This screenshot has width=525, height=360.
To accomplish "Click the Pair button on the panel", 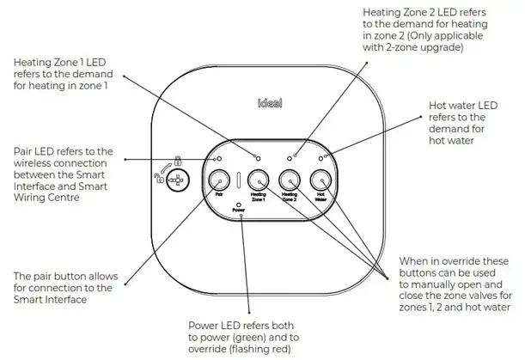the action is point(219,180).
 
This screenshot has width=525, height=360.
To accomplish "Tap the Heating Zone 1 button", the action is point(258,180).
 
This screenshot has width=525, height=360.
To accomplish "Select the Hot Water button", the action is point(320,180).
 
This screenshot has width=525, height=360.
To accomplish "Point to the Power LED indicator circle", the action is point(238,204).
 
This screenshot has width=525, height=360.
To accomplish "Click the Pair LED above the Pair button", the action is point(219,158).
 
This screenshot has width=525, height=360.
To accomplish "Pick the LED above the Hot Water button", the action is point(320,158).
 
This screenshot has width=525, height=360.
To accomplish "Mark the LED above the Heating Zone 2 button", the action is point(290,158).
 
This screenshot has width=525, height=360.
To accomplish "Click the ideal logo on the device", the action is point(270,103).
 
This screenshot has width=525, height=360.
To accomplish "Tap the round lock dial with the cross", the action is point(178,180).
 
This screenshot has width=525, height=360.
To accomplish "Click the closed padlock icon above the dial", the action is point(178,161).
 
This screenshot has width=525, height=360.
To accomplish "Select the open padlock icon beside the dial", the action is point(158,178).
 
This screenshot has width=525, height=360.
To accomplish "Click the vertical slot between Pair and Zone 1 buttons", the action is point(238,180).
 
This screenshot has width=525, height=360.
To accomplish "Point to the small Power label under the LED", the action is point(238,210).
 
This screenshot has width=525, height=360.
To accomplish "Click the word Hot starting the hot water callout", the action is point(437,106).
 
